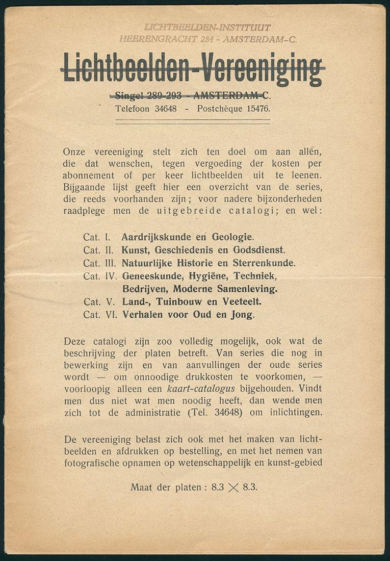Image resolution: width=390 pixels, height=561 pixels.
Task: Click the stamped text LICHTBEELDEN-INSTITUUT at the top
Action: (207, 28)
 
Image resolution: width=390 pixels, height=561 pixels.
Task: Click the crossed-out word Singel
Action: (129, 95)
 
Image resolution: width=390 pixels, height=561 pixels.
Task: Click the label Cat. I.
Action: (97, 237)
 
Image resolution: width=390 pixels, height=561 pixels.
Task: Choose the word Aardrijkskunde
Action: (149, 237)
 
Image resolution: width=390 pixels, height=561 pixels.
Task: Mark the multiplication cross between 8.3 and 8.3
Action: (233, 488)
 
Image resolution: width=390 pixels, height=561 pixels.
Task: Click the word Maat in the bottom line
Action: (141, 487)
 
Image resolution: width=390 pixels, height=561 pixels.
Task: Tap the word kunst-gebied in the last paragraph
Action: (298, 463)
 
